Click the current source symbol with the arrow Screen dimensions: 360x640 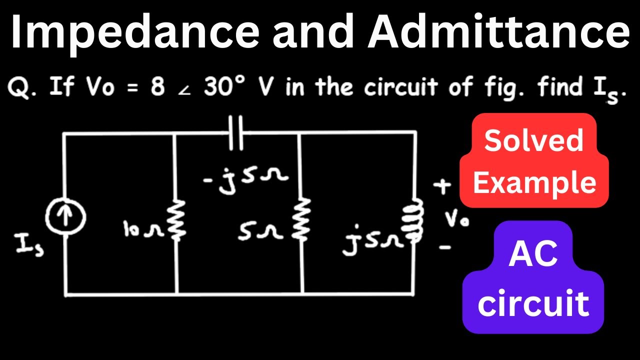point(66,218)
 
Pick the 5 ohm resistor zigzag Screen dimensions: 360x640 point(302,218)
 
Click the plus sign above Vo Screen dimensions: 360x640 point(441,186)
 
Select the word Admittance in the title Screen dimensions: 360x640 point(498,31)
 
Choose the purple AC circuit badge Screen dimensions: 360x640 point(533,277)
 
